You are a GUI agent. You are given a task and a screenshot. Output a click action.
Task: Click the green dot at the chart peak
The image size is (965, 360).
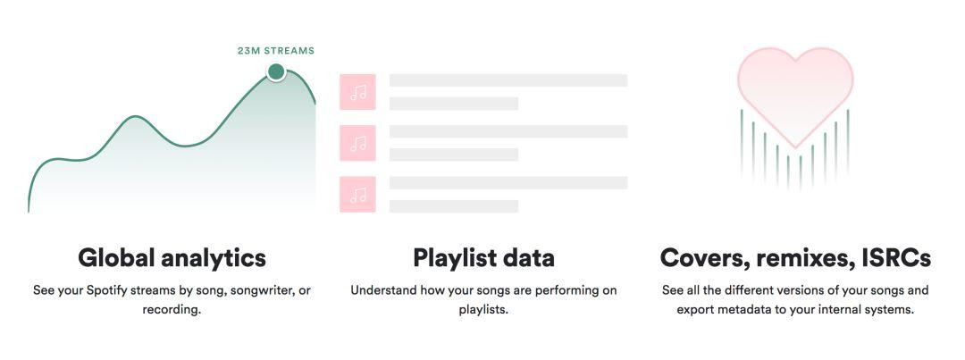coord(276,72)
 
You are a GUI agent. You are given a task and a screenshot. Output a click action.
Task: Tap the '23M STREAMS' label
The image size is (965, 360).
coord(276,51)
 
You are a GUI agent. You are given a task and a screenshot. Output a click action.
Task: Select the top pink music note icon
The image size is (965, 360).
coord(357,92)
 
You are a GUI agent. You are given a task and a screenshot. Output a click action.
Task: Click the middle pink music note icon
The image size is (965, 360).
coord(357,144)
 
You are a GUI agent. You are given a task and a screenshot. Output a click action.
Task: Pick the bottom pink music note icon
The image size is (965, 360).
coord(357,195)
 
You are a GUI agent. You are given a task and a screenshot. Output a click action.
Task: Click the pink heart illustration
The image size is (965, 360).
coord(795,92)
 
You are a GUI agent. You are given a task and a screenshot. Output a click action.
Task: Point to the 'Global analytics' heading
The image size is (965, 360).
coord(172,257)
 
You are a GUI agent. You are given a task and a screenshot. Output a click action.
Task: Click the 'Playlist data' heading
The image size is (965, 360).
coord(483,257)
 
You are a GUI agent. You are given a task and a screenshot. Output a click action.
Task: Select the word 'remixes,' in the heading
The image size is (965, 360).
coord(803,258)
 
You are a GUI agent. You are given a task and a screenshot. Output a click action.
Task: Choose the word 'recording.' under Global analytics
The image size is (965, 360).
coord(172,310)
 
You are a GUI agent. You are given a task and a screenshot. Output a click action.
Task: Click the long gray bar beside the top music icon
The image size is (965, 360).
coord(508,80)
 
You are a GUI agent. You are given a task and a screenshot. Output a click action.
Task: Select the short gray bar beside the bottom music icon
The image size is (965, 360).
coord(454,206)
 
